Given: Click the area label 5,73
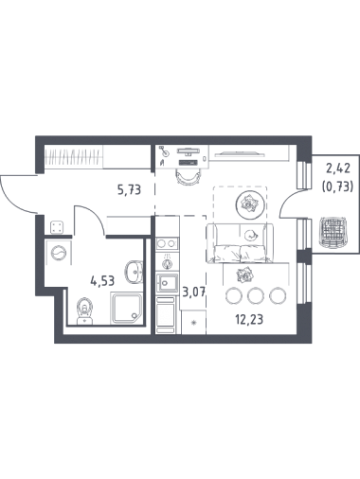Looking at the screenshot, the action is (x=129, y=190).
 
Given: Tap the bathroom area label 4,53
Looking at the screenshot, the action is (x=102, y=280).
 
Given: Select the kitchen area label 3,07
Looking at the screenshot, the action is (x=194, y=292).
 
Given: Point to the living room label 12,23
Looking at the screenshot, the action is (x=249, y=320).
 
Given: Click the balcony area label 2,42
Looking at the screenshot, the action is (x=338, y=169).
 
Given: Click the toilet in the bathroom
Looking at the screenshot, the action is (x=84, y=310).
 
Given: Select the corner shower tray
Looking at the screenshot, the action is (x=126, y=308).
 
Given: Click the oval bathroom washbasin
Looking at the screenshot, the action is (x=135, y=273).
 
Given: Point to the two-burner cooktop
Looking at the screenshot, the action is (x=167, y=243).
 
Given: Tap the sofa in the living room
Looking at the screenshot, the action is (x=240, y=243).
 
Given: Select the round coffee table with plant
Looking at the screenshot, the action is (x=250, y=204).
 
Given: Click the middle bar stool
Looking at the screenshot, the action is (x=256, y=295).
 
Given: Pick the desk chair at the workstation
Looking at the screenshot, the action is (x=189, y=176).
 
